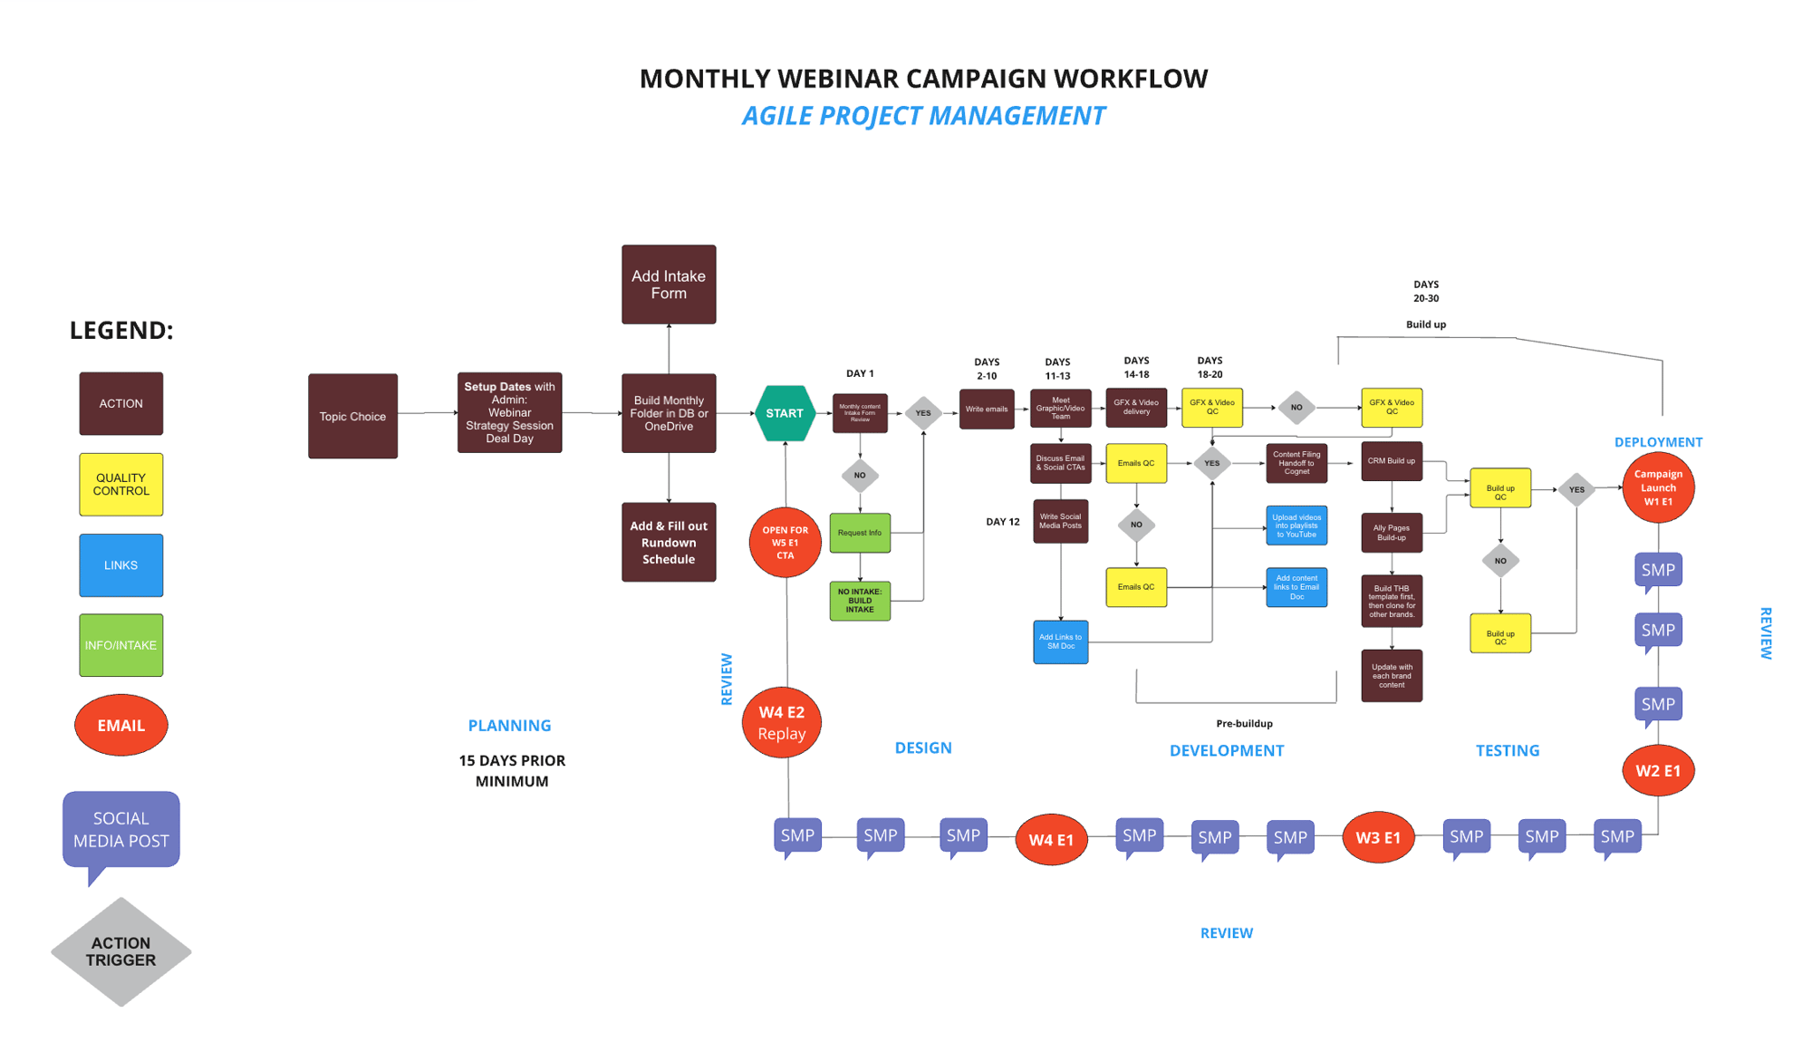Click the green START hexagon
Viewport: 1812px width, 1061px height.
(x=785, y=413)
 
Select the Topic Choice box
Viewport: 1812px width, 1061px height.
(x=352, y=416)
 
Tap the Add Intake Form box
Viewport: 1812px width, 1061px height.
(x=669, y=285)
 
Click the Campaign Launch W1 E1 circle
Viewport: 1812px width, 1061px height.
(x=1658, y=487)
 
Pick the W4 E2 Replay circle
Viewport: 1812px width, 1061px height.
(x=782, y=722)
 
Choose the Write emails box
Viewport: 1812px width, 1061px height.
(x=987, y=410)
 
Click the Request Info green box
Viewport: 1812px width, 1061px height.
(x=860, y=533)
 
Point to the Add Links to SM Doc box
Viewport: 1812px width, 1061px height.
(x=1060, y=641)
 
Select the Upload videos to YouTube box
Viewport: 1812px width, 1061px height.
(x=1296, y=526)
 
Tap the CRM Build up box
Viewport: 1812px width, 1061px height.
(x=1392, y=461)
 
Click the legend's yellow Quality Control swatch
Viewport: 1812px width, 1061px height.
(x=121, y=485)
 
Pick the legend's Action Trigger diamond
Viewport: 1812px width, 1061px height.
(x=121, y=951)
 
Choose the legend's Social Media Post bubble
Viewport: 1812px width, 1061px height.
(x=121, y=829)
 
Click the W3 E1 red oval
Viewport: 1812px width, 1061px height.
(x=1378, y=838)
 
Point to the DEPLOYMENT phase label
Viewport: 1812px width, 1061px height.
(x=1658, y=442)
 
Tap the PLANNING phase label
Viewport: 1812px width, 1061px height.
(x=509, y=725)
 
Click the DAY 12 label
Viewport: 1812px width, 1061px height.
(x=1003, y=522)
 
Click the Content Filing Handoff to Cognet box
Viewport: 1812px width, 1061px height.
(x=1296, y=463)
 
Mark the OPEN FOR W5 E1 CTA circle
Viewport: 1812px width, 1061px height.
(x=785, y=543)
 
